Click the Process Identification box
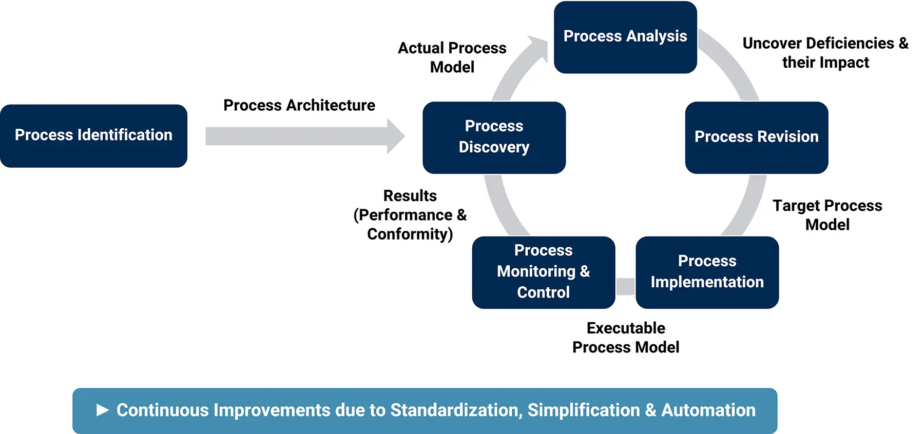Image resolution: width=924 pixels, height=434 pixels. pyautogui.click(x=93, y=135)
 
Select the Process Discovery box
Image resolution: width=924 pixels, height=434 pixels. pyautogui.click(x=494, y=137)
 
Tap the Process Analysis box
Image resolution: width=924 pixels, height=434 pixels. pyautogui.click(x=625, y=37)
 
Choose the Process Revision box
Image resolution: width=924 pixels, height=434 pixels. pyautogui.click(x=756, y=137)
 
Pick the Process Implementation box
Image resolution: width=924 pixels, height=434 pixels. pyautogui.click(x=707, y=272)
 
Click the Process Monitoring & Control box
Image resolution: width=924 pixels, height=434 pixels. pyautogui.click(x=543, y=272)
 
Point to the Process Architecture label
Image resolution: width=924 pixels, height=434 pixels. pyautogui.click(x=299, y=105)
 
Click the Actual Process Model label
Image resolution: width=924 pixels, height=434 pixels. pyautogui.click(x=452, y=57)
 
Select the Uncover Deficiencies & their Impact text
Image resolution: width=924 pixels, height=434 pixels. pyautogui.click(x=825, y=52)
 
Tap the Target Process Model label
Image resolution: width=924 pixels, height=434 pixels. pyautogui.click(x=827, y=215)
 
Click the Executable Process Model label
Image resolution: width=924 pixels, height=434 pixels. pyautogui.click(x=625, y=338)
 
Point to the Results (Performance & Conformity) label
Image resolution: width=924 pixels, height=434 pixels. pyautogui.click(x=410, y=214)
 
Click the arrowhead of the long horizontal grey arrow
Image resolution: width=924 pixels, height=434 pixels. pyautogui.click(x=396, y=136)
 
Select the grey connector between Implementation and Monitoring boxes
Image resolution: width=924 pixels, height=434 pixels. pyautogui.click(x=625, y=286)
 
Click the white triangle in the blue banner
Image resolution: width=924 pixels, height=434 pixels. pyautogui.click(x=103, y=410)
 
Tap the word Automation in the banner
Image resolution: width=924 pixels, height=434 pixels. pyautogui.click(x=708, y=410)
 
